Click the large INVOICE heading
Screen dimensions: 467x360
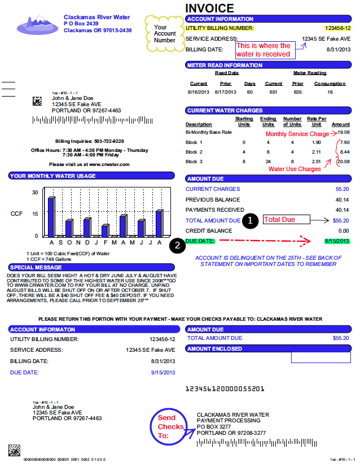tap(209, 8)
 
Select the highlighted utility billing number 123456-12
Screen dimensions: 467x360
tap(337, 28)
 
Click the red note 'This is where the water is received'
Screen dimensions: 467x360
tap(263, 50)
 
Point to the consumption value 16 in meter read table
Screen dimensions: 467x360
tap(330, 91)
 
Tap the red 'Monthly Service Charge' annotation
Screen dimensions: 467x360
tap(297, 134)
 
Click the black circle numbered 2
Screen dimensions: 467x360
tap(178, 245)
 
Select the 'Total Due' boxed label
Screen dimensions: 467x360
tap(287, 220)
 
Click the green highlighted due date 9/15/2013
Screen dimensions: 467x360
tap(337, 242)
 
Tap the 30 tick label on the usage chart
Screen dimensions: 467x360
tap(35, 193)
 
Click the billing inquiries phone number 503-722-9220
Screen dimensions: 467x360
tap(109, 141)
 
